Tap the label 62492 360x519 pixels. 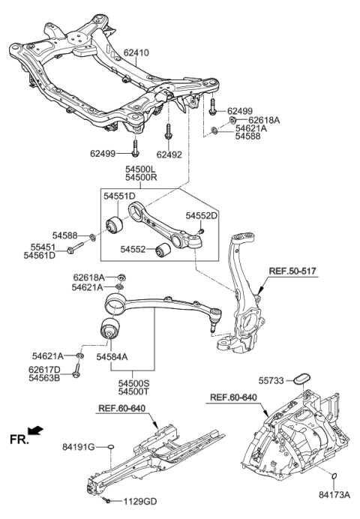(172, 155)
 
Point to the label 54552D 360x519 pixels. (201, 216)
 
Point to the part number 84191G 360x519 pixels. (79, 448)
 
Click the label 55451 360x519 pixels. (42, 246)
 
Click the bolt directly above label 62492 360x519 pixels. (168, 133)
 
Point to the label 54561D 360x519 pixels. (42, 255)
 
